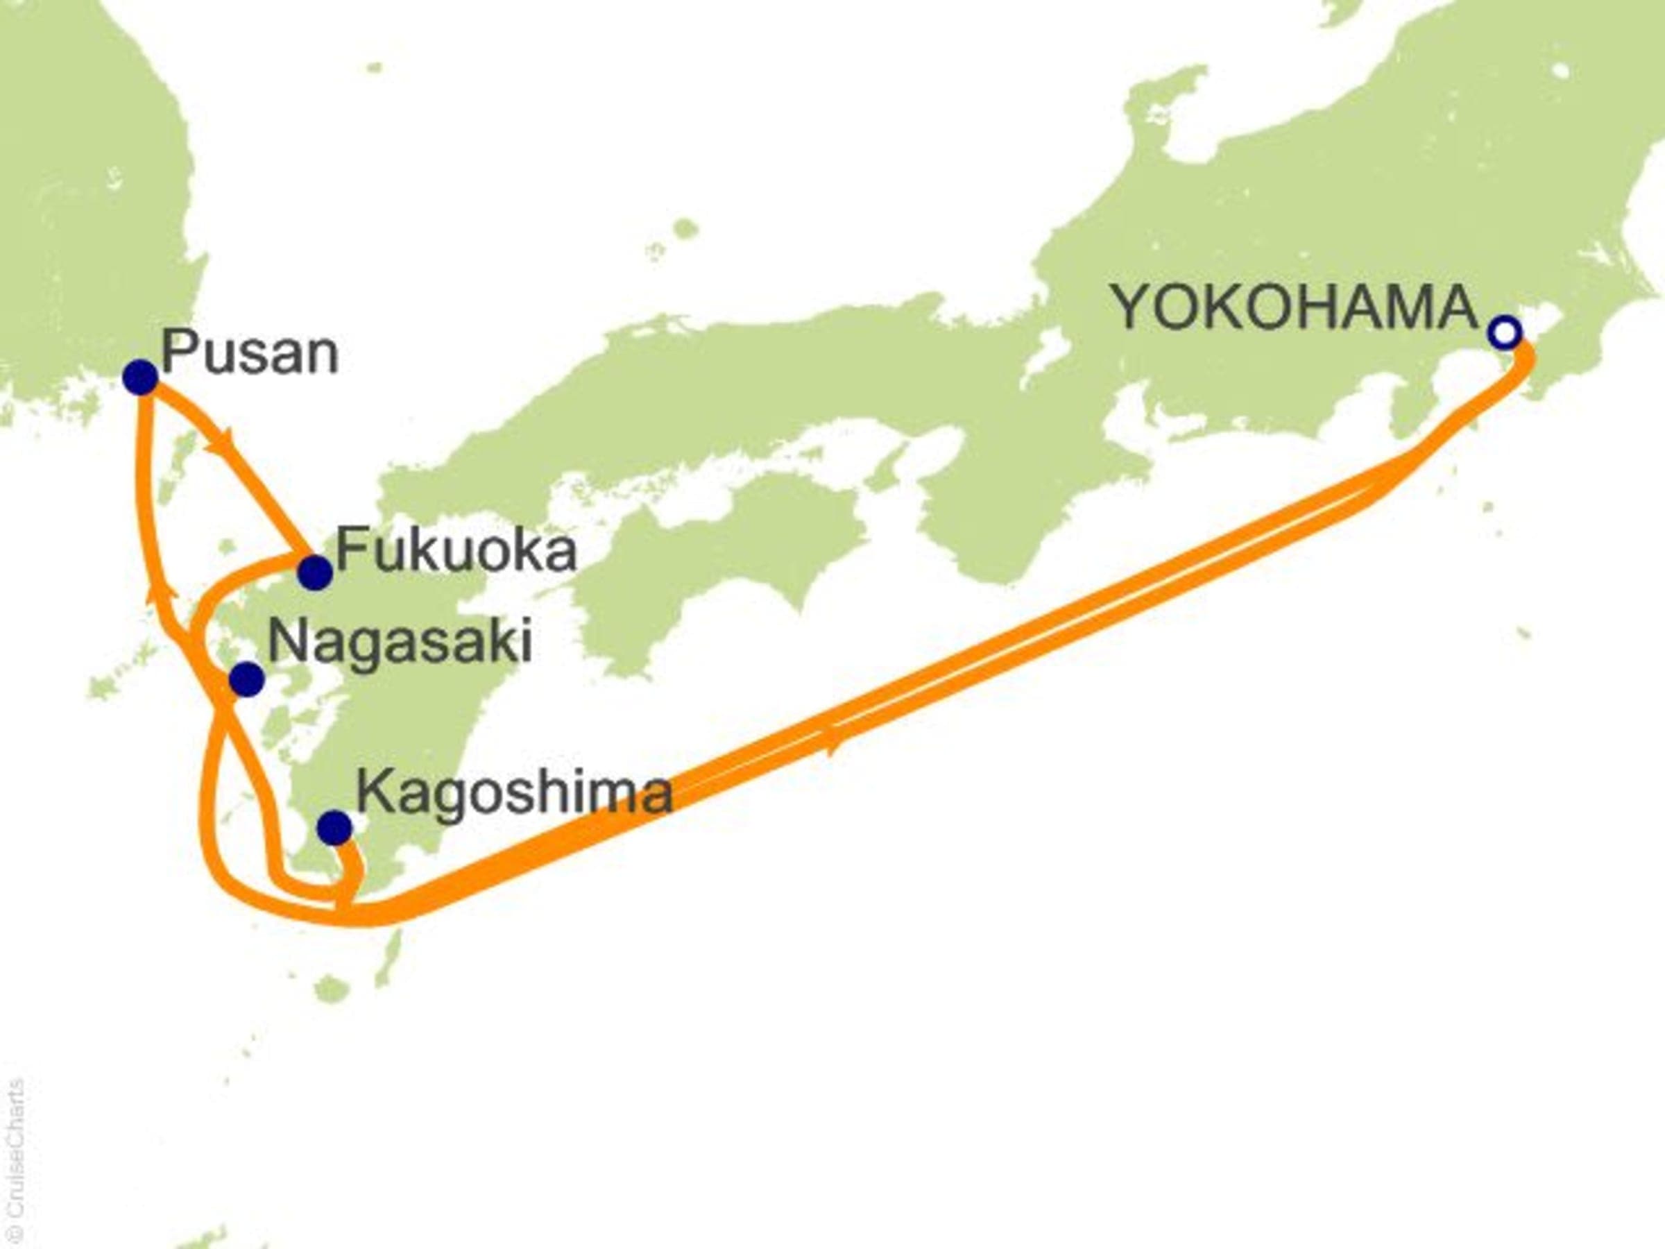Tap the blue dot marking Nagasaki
246,679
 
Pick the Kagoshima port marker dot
334,828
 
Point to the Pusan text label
250,354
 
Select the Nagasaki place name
400,641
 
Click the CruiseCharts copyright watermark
14,1163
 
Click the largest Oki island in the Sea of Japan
683,228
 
